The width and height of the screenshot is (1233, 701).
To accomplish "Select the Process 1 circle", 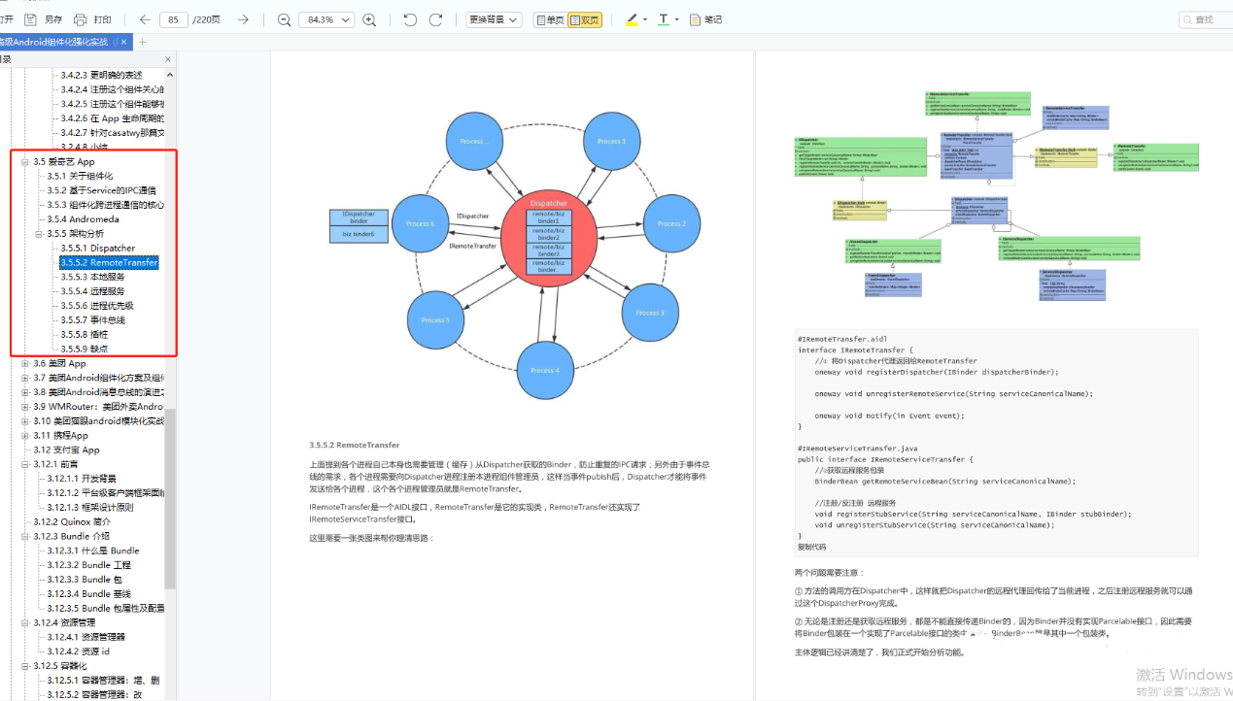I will [611, 142].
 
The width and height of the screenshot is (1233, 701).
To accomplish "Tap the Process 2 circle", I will [670, 223].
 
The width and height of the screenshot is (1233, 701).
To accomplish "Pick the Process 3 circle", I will [649, 313].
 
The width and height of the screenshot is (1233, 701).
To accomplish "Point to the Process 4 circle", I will [544, 370].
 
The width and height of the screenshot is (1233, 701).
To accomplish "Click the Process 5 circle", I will [435, 319].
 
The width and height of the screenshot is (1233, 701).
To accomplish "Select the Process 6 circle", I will [420, 223].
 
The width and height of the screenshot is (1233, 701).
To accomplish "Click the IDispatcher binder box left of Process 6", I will [359, 224].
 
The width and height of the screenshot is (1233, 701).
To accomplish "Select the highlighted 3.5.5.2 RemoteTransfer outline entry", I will [109, 262].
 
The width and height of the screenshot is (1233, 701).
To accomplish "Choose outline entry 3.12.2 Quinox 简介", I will [72, 521].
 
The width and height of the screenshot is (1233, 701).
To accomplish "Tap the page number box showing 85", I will [173, 19].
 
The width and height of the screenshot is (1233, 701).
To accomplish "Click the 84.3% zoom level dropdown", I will [326, 19].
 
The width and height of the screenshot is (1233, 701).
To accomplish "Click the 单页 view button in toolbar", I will [550, 19].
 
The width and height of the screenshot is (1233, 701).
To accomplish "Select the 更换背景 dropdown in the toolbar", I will [494, 19].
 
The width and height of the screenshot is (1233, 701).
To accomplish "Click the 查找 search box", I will [1204, 19].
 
